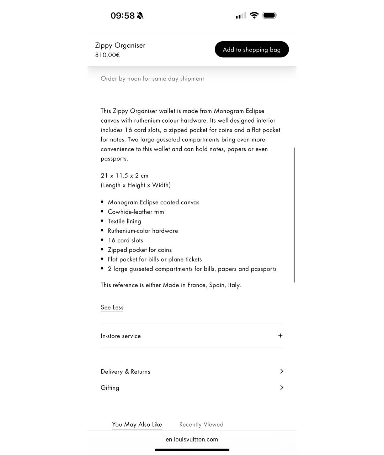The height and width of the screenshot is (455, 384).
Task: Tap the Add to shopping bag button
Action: pyautogui.click(x=252, y=49)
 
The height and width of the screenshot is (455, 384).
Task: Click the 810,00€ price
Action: pyautogui.click(x=107, y=55)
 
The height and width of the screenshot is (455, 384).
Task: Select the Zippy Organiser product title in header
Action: pyautogui.click(x=120, y=45)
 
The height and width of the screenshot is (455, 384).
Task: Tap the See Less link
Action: pyautogui.click(x=112, y=307)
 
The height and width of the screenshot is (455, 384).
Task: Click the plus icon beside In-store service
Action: pyautogui.click(x=280, y=336)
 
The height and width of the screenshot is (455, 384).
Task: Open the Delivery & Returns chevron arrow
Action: pyautogui.click(x=282, y=371)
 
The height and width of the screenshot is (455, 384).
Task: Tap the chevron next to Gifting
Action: pyautogui.click(x=282, y=387)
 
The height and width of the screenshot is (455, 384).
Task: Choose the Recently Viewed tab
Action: pyautogui.click(x=201, y=424)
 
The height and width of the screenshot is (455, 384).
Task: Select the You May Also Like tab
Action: pyautogui.click(x=137, y=424)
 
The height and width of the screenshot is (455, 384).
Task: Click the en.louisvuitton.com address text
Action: pyautogui.click(x=192, y=439)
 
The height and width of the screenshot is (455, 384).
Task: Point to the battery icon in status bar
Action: pyautogui.click(x=270, y=15)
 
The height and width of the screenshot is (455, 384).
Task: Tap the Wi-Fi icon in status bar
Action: pyautogui.click(x=254, y=15)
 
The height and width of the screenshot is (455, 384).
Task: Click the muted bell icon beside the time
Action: pyautogui.click(x=140, y=16)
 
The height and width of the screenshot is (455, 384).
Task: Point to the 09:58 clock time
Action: pyautogui.click(x=123, y=16)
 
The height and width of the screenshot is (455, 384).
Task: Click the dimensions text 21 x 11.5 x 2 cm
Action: pyautogui.click(x=124, y=176)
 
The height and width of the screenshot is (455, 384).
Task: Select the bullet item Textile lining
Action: pyautogui.click(x=124, y=221)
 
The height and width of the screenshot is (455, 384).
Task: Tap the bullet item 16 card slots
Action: pyautogui.click(x=126, y=240)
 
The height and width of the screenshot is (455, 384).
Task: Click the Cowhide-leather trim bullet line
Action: pyautogui.click(x=136, y=212)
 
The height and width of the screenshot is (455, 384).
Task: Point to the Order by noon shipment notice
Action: pyautogui.click(x=152, y=79)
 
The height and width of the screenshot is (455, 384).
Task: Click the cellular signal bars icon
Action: pyautogui.click(x=241, y=16)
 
